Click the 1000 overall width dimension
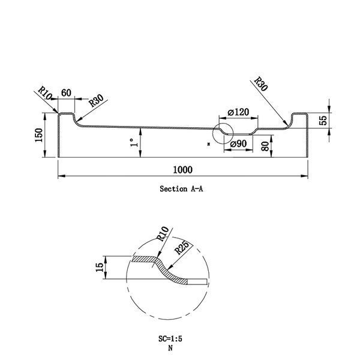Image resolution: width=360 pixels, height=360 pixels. (x=182, y=170)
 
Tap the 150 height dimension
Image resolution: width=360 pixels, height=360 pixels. (x=39, y=135)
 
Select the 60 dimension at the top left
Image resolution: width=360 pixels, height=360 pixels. (x=66, y=93)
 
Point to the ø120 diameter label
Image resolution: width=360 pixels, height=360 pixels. (x=238, y=112)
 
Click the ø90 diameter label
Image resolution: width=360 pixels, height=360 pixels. (x=238, y=144)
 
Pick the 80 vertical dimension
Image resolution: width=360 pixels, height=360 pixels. (x=265, y=146)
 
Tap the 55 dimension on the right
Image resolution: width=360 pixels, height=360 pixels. (x=323, y=121)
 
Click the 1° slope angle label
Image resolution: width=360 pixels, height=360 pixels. (x=134, y=142)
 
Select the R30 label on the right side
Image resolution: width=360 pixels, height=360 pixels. (x=261, y=84)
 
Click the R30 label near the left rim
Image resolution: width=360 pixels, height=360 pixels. (x=96, y=101)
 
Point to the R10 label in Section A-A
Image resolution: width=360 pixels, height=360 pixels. (x=45, y=93)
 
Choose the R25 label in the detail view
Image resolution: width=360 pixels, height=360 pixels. (x=182, y=247)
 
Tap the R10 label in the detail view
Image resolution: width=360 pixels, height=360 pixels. (x=163, y=234)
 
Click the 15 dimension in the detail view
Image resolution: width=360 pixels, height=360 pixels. (x=100, y=267)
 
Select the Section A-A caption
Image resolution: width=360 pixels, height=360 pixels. (x=181, y=189)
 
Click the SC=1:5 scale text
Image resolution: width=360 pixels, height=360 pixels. (x=170, y=338)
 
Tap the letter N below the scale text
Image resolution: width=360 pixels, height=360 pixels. (x=170, y=348)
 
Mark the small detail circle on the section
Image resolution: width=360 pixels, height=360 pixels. (x=213, y=133)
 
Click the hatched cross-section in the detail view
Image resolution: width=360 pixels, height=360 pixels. (x=161, y=268)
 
